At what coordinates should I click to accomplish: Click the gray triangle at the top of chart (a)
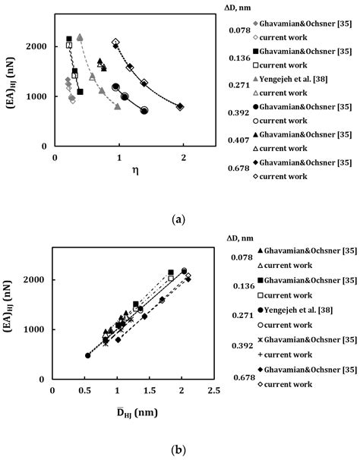point(80,36)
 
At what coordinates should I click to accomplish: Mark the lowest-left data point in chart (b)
point(87,355)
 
